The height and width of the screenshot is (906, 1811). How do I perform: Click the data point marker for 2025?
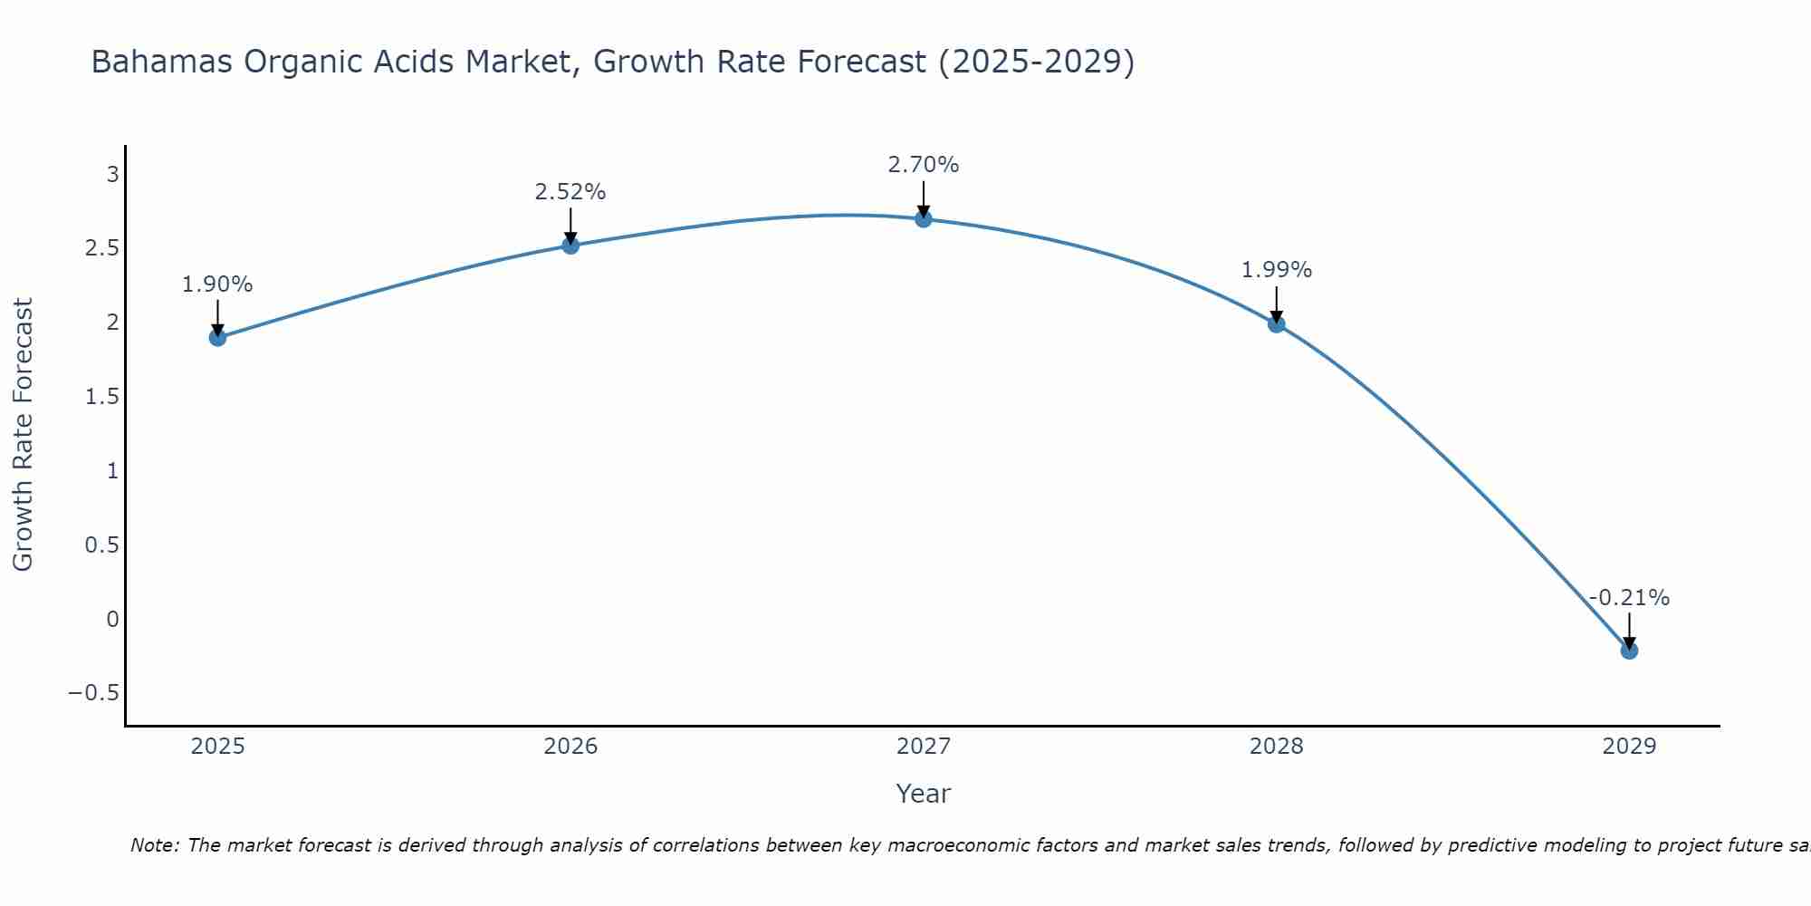(x=217, y=338)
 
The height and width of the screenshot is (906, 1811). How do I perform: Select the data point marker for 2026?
(x=570, y=246)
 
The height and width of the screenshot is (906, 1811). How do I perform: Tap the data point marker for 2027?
(x=924, y=218)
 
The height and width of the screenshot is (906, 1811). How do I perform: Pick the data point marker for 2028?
(x=1277, y=324)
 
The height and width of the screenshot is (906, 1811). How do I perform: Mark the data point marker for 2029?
(x=1629, y=651)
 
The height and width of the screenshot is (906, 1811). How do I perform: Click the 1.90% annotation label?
(x=217, y=284)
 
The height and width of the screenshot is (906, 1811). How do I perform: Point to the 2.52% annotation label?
(x=570, y=192)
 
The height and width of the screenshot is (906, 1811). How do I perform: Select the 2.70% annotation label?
(x=924, y=165)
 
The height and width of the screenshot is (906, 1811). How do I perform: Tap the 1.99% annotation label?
(x=1277, y=270)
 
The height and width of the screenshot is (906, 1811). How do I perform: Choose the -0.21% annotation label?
(x=1629, y=598)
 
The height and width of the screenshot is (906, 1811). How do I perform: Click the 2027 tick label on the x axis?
(x=924, y=747)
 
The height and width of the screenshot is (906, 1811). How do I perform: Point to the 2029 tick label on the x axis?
(x=1629, y=747)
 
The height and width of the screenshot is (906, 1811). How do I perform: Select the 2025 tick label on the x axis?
(x=217, y=747)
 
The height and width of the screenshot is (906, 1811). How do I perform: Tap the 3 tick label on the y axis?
(x=113, y=174)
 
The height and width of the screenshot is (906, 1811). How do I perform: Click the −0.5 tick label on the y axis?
(x=94, y=693)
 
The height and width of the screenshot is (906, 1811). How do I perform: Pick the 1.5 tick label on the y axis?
(x=101, y=397)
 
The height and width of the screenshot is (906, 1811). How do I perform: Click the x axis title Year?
(x=924, y=794)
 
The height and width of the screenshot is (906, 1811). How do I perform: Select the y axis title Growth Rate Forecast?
(x=24, y=435)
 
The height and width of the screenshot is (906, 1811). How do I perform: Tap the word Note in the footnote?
(x=154, y=845)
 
